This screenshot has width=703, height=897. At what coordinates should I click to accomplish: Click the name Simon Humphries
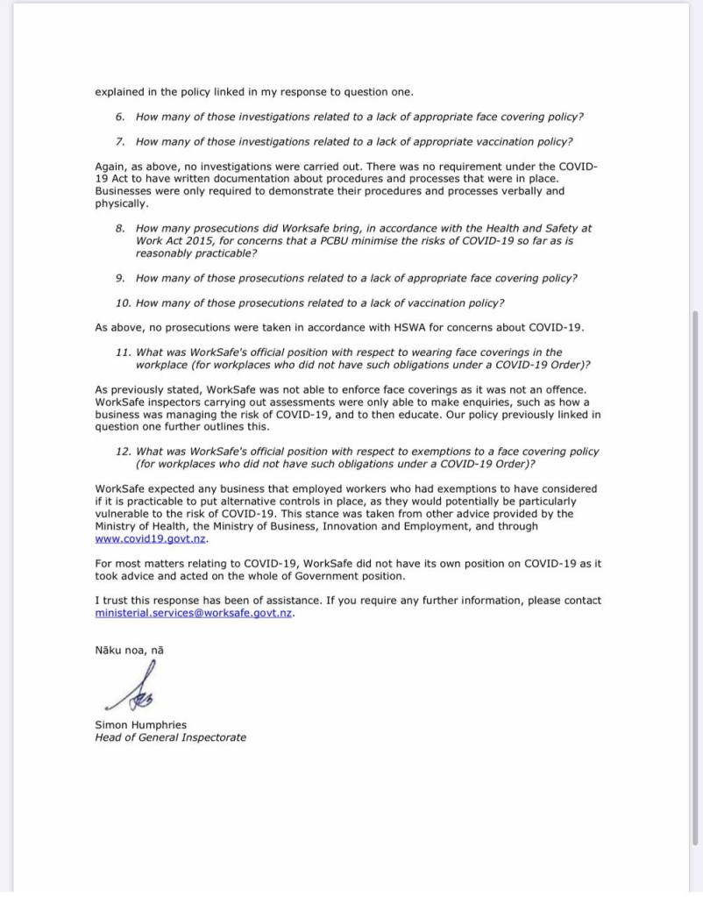[x=140, y=725]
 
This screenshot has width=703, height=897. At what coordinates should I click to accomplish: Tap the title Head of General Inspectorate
[x=170, y=737]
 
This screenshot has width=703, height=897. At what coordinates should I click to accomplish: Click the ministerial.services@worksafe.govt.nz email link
[x=194, y=613]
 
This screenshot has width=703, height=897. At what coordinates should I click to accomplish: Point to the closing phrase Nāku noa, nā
[x=129, y=650]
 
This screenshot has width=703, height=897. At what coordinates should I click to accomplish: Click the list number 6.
[x=120, y=117]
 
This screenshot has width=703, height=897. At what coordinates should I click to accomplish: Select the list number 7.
[x=120, y=141]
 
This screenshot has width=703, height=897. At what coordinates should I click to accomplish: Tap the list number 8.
[x=120, y=228]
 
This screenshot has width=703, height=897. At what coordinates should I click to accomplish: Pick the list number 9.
[x=120, y=278]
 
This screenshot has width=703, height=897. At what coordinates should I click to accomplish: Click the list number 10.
[x=123, y=303]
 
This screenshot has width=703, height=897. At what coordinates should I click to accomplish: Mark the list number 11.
[x=123, y=352]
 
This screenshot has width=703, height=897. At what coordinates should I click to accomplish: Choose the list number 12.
[x=123, y=452]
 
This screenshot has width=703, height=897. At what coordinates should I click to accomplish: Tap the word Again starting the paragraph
[x=110, y=166]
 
